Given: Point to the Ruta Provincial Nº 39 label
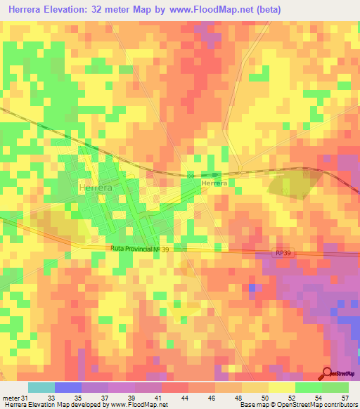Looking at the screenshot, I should point(139,249).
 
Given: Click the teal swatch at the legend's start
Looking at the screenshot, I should point(41,387).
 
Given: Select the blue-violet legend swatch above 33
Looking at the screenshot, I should point(68,387).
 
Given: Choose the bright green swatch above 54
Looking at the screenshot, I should point(309,387).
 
